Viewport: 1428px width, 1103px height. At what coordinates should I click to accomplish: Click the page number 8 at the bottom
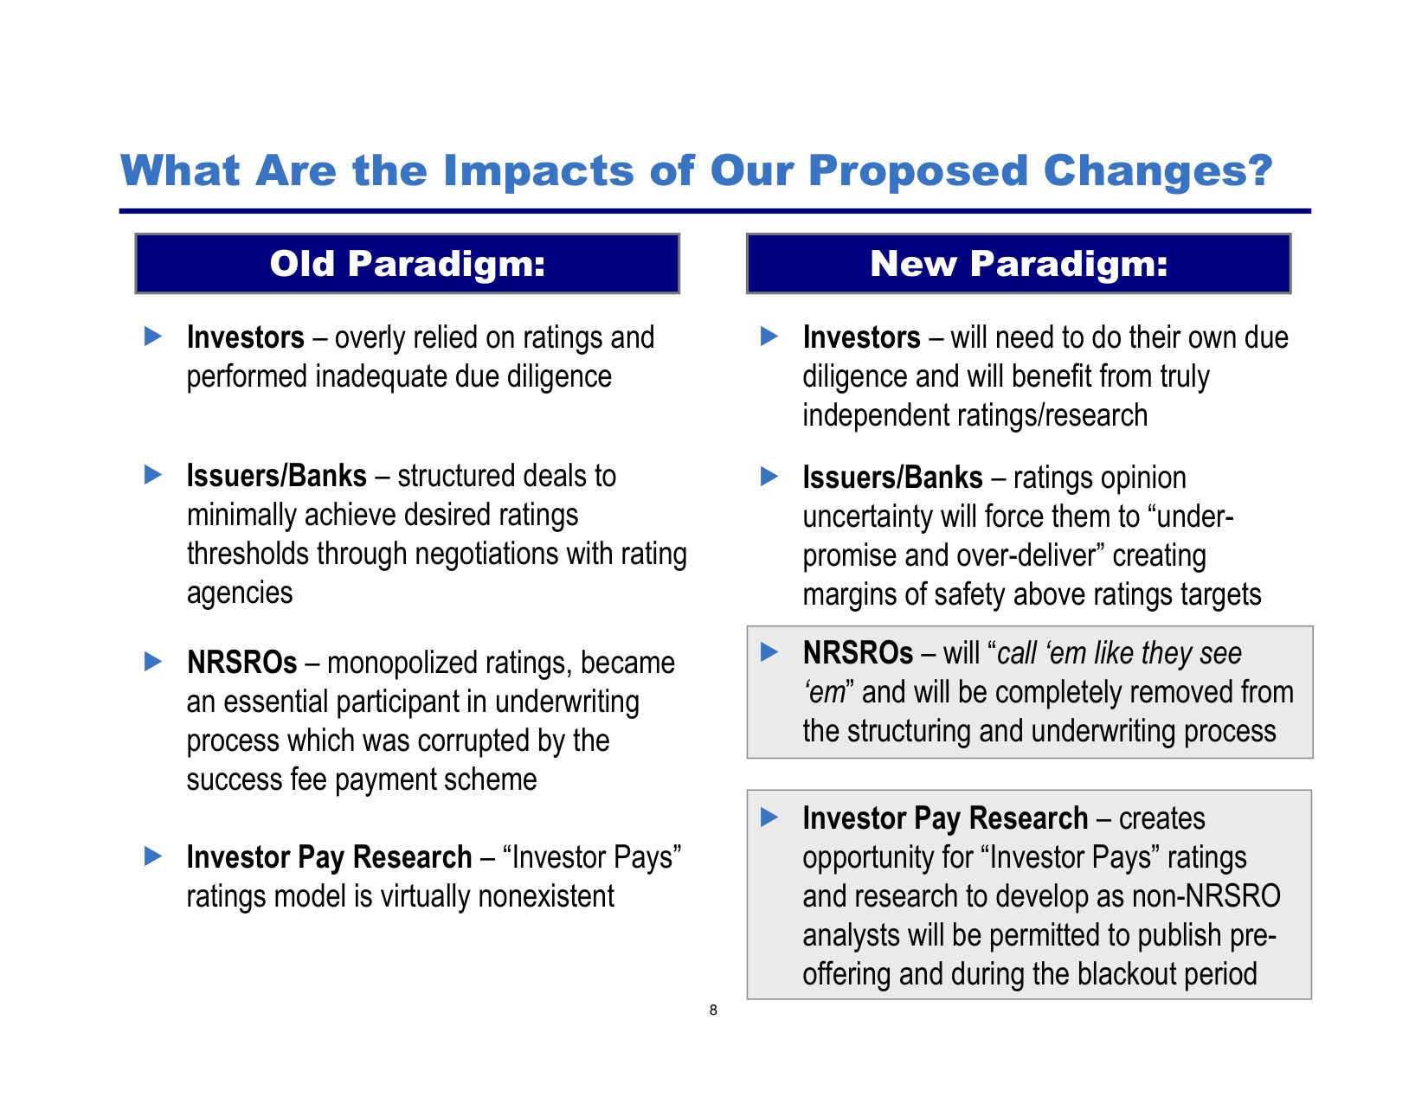(x=713, y=1010)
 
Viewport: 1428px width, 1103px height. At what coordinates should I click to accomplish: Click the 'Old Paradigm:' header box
(x=407, y=264)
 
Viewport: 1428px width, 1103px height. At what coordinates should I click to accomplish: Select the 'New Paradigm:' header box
(x=1019, y=264)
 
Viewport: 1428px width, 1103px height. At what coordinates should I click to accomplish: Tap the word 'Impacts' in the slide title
(x=538, y=170)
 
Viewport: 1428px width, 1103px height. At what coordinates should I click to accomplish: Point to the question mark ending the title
(x=1260, y=170)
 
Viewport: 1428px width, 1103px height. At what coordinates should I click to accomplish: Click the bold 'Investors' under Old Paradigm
(x=245, y=337)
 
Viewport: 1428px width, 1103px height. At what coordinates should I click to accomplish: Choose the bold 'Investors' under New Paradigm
(x=861, y=337)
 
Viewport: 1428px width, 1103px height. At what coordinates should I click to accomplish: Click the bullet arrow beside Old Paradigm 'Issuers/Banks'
(x=153, y=474)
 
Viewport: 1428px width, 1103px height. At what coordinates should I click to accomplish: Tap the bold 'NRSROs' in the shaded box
(x=858, y=653)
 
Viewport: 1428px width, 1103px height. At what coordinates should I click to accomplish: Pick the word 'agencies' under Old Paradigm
(x=240, y=593)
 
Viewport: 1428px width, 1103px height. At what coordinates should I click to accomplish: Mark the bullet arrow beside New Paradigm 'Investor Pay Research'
(x=769, y=818)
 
